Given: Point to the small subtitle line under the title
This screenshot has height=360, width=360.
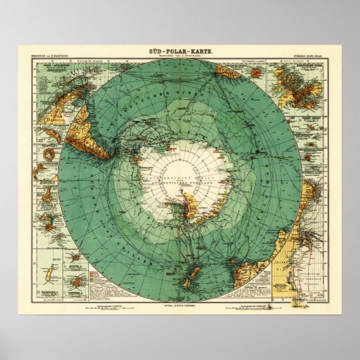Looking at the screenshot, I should [x=179, y=57].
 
